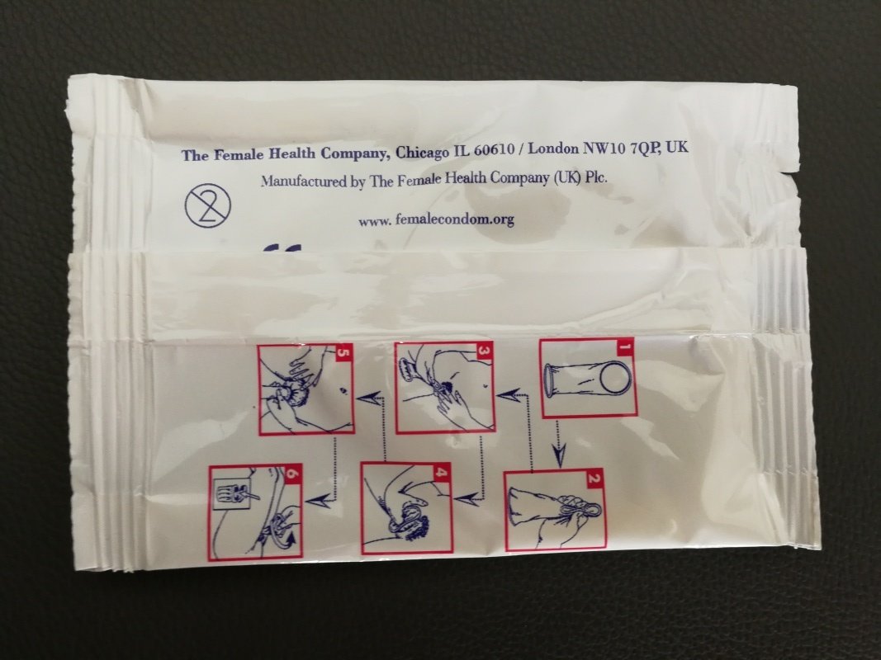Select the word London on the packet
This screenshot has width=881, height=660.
553,148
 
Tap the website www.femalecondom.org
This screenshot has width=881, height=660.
437,219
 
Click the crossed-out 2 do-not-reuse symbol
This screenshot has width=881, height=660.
208,206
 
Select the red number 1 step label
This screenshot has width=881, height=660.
624,347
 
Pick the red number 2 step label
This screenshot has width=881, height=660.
594,478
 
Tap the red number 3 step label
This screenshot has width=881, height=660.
483,350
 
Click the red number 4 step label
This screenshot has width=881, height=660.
442,472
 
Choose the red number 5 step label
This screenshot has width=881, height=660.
343,353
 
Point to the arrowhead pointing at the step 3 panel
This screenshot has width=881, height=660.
507,396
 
